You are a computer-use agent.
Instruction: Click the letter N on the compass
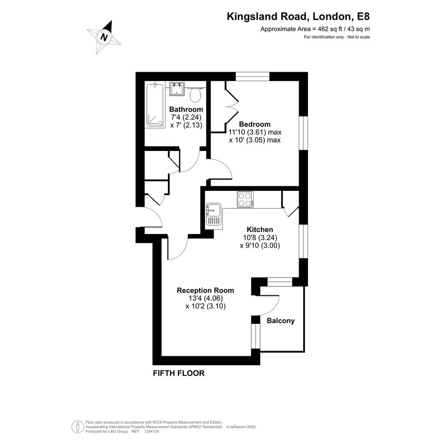[105, 37]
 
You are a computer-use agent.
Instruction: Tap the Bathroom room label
[186, 109]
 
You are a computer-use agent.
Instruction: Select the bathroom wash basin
[177, 89]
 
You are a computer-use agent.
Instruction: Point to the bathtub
[155, 105]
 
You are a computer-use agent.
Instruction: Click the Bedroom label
[255, 124]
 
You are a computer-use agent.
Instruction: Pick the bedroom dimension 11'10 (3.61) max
[255, 132]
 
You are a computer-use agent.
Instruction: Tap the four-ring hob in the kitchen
[245, 199]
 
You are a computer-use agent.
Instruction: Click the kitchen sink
[214, 214]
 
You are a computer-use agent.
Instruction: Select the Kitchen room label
[260, 229]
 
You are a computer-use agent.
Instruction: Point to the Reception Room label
[205, 291]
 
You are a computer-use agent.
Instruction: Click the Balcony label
[280, 321]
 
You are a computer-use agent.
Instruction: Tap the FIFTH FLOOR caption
[179, 373]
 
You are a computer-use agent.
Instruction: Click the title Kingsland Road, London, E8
[298, 16]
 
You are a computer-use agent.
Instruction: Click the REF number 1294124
[152, 431]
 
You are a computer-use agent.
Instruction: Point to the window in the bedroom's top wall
[253, 76]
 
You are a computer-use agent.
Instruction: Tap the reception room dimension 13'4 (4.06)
[206, 298]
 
